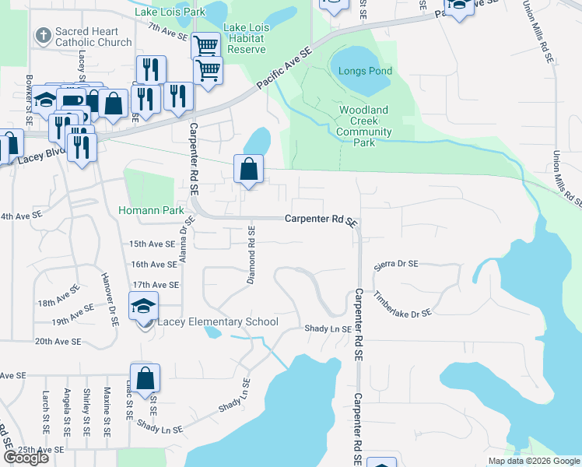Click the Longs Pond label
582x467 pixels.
pyautogui.click(x=365, y=71)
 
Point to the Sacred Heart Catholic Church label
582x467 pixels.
pyautogui.click(x=93, y=37)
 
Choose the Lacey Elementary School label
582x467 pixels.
pyautogui.click(x=218, y=322)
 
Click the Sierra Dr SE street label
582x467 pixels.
pyautogui.click(x=396, y=265)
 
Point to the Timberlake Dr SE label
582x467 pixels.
pyautogui.click(x=402, y=304)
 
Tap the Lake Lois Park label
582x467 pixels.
pyautogui.click(x=170, y=12)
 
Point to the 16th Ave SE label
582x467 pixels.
pyautogui.click(x=155, y=265)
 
